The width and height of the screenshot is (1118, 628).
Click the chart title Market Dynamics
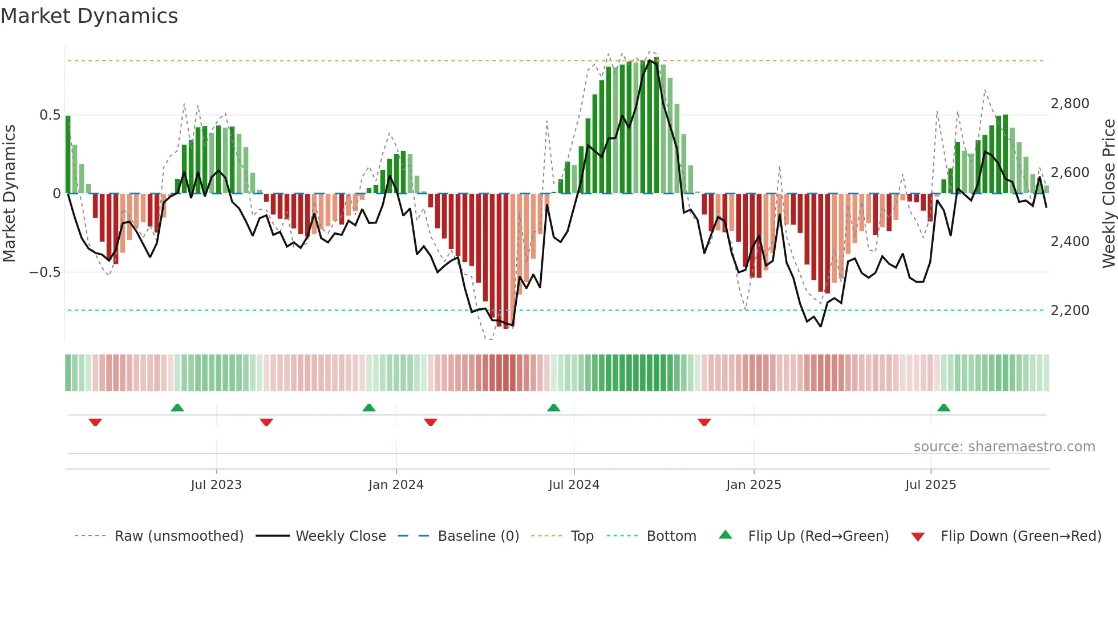(x=89, y=16)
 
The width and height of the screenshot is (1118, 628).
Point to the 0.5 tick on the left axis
(x=50, y=115)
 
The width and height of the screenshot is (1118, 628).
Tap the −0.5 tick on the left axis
(x=45, y=272)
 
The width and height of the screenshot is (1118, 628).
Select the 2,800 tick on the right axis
(x=1070, y=104)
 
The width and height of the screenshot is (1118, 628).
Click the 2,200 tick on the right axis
(x=1070, y=311)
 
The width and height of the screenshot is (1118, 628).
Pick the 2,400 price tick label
(x=1070, y=242)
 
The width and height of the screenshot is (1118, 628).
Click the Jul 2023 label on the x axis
(x=216, y=485)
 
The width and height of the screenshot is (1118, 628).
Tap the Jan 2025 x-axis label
(x=754, y=485)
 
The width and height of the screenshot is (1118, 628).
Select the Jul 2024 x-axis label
(x=574, y=485)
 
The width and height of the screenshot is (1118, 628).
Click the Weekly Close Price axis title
(x=1108, y=194)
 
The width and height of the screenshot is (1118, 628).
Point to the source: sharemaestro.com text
(x=1004, y=447)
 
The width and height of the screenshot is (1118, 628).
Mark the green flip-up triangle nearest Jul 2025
(x=943, y=407)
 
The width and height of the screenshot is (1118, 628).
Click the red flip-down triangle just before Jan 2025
(x=704, y=422)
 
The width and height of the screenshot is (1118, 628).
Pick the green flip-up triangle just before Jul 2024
(x=553, y=407)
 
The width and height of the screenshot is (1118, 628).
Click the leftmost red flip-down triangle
(x=95, y=422)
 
